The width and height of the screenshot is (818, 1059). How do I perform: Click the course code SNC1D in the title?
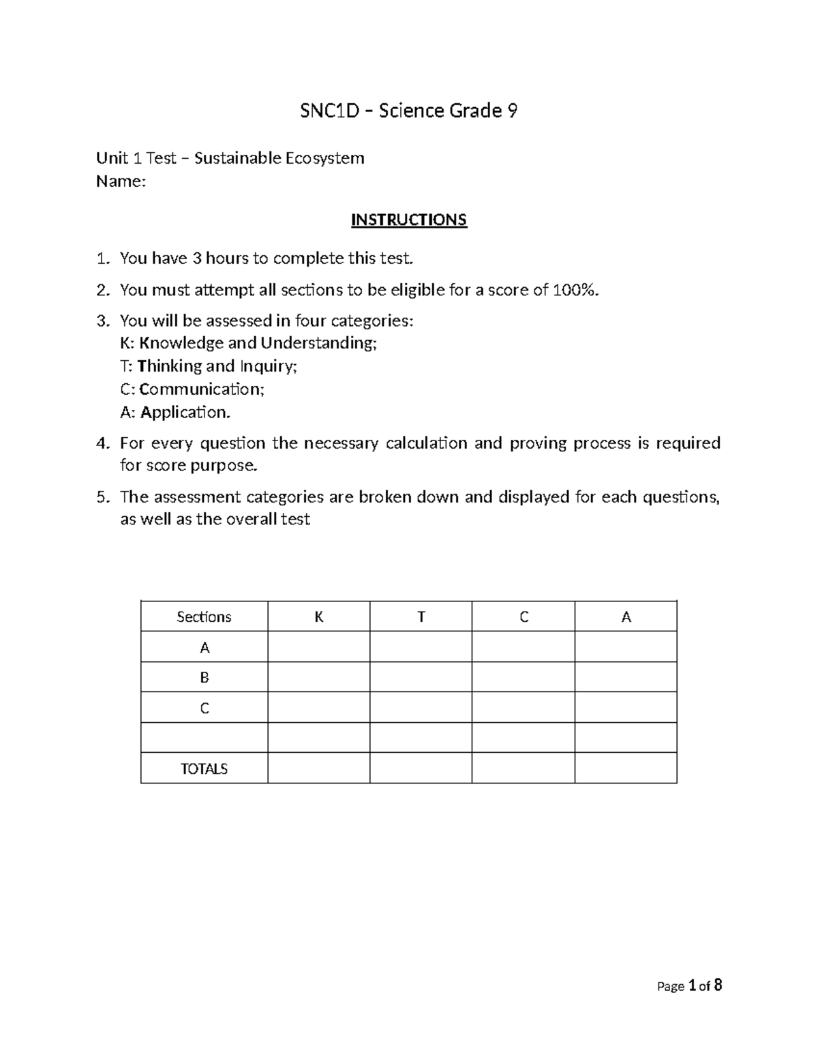(x=329, y=110)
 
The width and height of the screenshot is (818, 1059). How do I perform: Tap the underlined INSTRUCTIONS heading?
(x=408, y=220)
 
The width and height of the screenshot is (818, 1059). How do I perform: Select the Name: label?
(x=121, y=181)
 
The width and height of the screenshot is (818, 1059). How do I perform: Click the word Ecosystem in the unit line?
(x=324, y=158)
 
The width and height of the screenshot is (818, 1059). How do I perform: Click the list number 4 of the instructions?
(x=102, y=443)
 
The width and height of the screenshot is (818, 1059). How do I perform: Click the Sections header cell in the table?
(x=204, y=616)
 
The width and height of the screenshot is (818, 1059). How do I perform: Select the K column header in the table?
(x=318, y=616)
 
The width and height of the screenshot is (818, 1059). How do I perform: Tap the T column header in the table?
(x=421, y=616)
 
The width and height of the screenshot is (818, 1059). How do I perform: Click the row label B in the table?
(x=204, y=677)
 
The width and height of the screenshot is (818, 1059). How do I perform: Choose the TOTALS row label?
(x=204, y=769)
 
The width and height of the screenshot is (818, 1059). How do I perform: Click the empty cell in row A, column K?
(x=318, y=647)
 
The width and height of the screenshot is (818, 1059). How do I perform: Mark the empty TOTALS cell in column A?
(x=625, y=769)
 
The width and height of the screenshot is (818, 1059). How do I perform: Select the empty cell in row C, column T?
(x=421, y=708)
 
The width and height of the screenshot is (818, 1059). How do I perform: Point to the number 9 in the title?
(x=511, y=110)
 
